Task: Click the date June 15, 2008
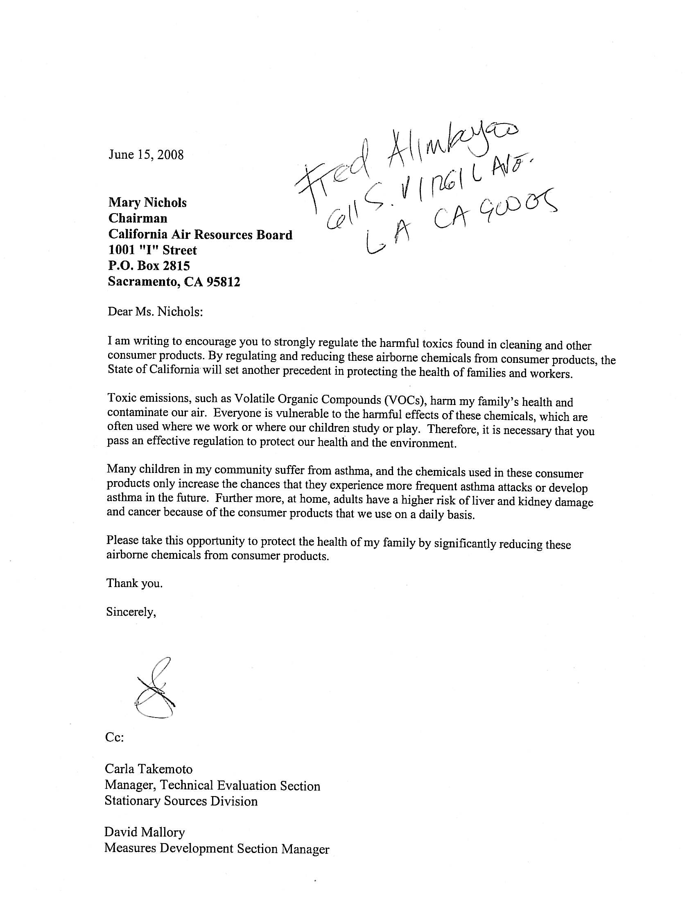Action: coord(146,155)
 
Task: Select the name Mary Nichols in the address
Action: coord(147,203)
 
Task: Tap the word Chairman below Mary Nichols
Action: coord(137,218)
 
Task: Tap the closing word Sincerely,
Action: coord(131,612)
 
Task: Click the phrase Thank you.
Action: coord(134,583)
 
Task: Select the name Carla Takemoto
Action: coord(149,769)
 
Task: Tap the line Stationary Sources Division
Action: coord(181,801)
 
